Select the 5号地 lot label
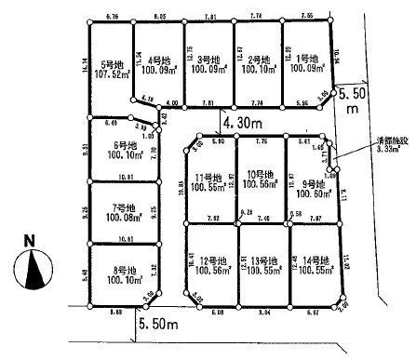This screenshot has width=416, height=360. tap(113, 68)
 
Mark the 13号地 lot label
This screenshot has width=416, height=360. tap(260, 259)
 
